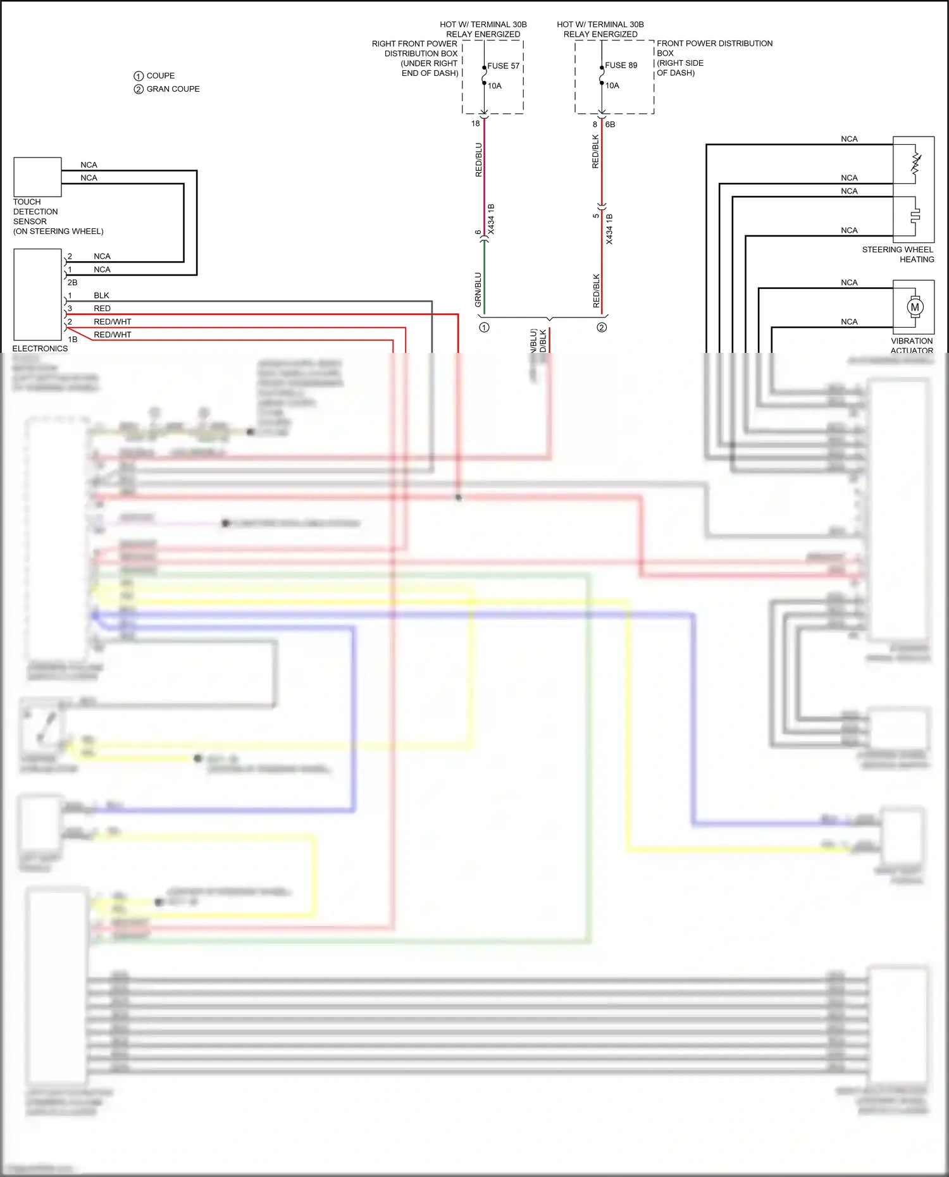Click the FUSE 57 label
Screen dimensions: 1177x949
(503, 66)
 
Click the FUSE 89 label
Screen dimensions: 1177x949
(621, 65)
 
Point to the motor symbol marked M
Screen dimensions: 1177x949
(914, 307)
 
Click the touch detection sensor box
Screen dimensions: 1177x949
(37, 177)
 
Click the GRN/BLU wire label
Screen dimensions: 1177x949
(478, 290)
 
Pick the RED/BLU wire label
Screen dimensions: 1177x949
(478, 159)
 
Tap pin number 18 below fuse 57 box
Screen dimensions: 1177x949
(475, 124)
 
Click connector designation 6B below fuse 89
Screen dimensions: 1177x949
(610, 125)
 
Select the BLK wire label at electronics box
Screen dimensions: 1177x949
(101, 295)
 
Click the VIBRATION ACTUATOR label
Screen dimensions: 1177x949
(911, 345)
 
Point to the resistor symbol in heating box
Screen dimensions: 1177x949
(915, 163)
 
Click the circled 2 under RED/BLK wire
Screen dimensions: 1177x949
(602, 328)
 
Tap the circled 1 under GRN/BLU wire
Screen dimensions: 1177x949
(484, 328)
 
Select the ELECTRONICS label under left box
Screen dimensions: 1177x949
(40, 348)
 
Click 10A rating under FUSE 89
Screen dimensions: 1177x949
(612, 85)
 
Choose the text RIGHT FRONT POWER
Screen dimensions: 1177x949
(414, 44)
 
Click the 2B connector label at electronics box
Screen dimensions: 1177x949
(72, 283)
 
